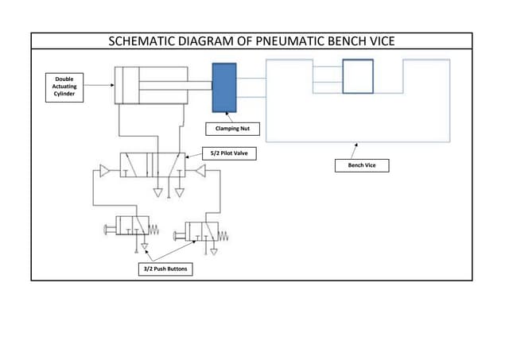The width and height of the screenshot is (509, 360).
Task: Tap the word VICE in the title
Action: pyautogui.click(x=378, y=41)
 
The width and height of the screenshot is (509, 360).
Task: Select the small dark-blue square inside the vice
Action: pyautogui.click(x=357, y=78)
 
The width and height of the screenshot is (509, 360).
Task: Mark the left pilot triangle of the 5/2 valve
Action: pyautogui.click(x=104, y=169)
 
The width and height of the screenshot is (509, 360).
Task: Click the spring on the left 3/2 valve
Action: pyautogui.click(x=154, y=230)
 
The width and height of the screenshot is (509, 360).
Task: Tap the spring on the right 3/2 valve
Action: pyautogui.click(x=223, y=236)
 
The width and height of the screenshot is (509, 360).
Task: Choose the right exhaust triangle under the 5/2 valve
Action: pyautogui.click(x=180, y=193)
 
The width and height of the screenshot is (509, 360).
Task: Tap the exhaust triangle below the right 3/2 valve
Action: pyautogui.click(x=214, y=251)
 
